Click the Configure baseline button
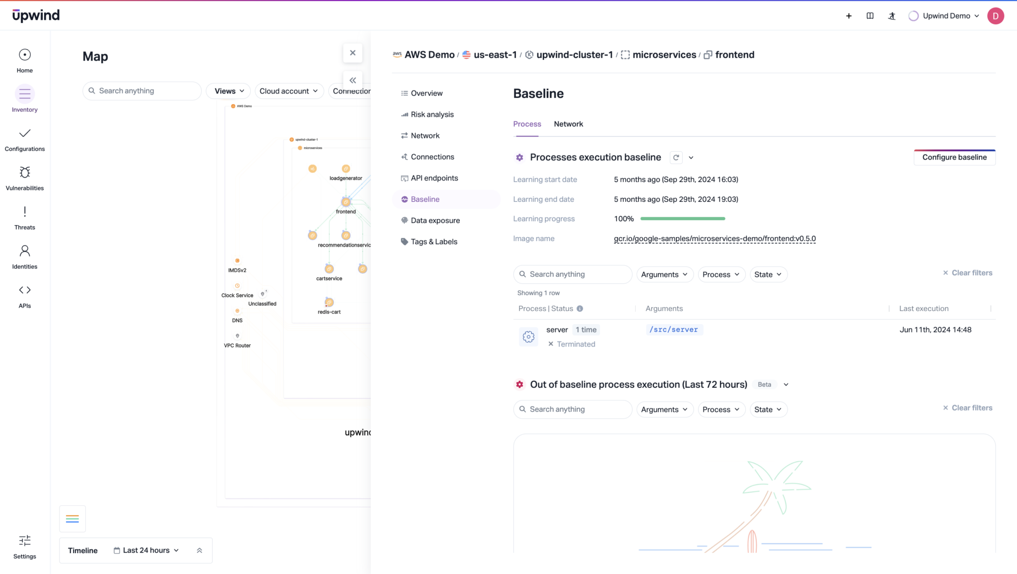(954, 157)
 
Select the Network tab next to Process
(568, 124)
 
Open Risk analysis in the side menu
(432, 114)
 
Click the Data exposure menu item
(435, 221)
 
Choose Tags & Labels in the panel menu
(434, 242)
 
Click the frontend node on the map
(346, 202)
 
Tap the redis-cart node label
(329, 312)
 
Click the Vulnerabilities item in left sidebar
(25, 178)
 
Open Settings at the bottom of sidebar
(25, 546)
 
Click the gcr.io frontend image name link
(714, 239)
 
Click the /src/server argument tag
(673, 329)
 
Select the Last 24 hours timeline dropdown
(146, 550)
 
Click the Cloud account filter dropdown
(289, 91)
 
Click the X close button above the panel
(353, 53)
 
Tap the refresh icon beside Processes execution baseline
(676, 158)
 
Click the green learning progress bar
(682, 219)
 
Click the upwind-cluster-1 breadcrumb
(574, 55)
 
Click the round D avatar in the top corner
(995, 16)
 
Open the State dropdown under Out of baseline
(768, 410)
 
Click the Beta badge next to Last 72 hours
(764, 385)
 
